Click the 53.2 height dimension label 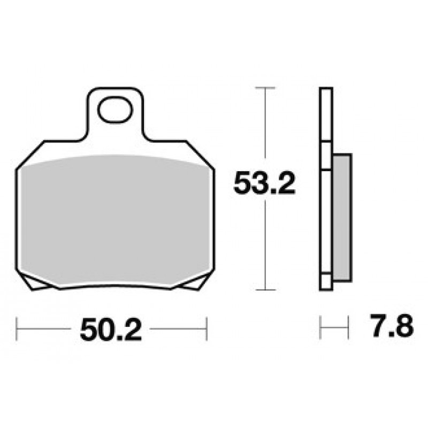pyautogui.click(x=264, y=182)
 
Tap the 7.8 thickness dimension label pyautogui.click(x=392, y=326)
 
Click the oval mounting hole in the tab pyautogui.click(x=115, y=110)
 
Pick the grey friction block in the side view pyautogui.click(x=342, y=218)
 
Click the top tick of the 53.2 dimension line pyautogui.click(x=265, y=88)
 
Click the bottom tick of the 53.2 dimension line pyautogui.click(x=265, y=290)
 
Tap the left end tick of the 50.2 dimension pyautogui.click(x=17, y=328)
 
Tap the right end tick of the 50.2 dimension pyautogui.click(x=207, y=328)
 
